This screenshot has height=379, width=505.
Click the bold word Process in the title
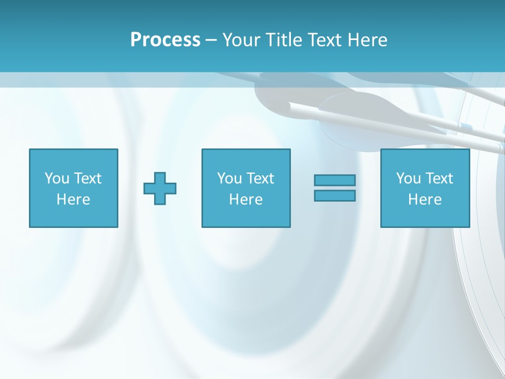click(x=165, y=40)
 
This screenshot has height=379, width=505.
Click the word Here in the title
click(x=369, y=40)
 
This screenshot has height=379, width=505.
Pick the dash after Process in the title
click(x=211, y=41)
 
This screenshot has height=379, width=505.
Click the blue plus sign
click(x=160, y=188)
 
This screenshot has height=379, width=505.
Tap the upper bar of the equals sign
click(x=335, y=181)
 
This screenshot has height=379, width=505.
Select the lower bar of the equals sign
click(x=335, y=196)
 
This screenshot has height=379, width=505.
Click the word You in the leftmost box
click(x=57, y=178)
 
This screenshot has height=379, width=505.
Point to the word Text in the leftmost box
click(x=87, y=178)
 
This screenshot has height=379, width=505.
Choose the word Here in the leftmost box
click(x=73, y=200)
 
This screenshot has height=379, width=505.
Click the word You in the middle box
click(x=229, y=178)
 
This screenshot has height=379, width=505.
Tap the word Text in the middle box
click(x=259, y=178)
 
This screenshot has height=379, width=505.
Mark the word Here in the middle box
click(x=246, y=200)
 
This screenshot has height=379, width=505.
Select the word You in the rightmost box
click(x=408, y=178)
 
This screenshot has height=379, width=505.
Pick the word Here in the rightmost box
click(x=425, y=200)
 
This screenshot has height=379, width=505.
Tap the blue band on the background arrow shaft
click(x=465, y=126)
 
